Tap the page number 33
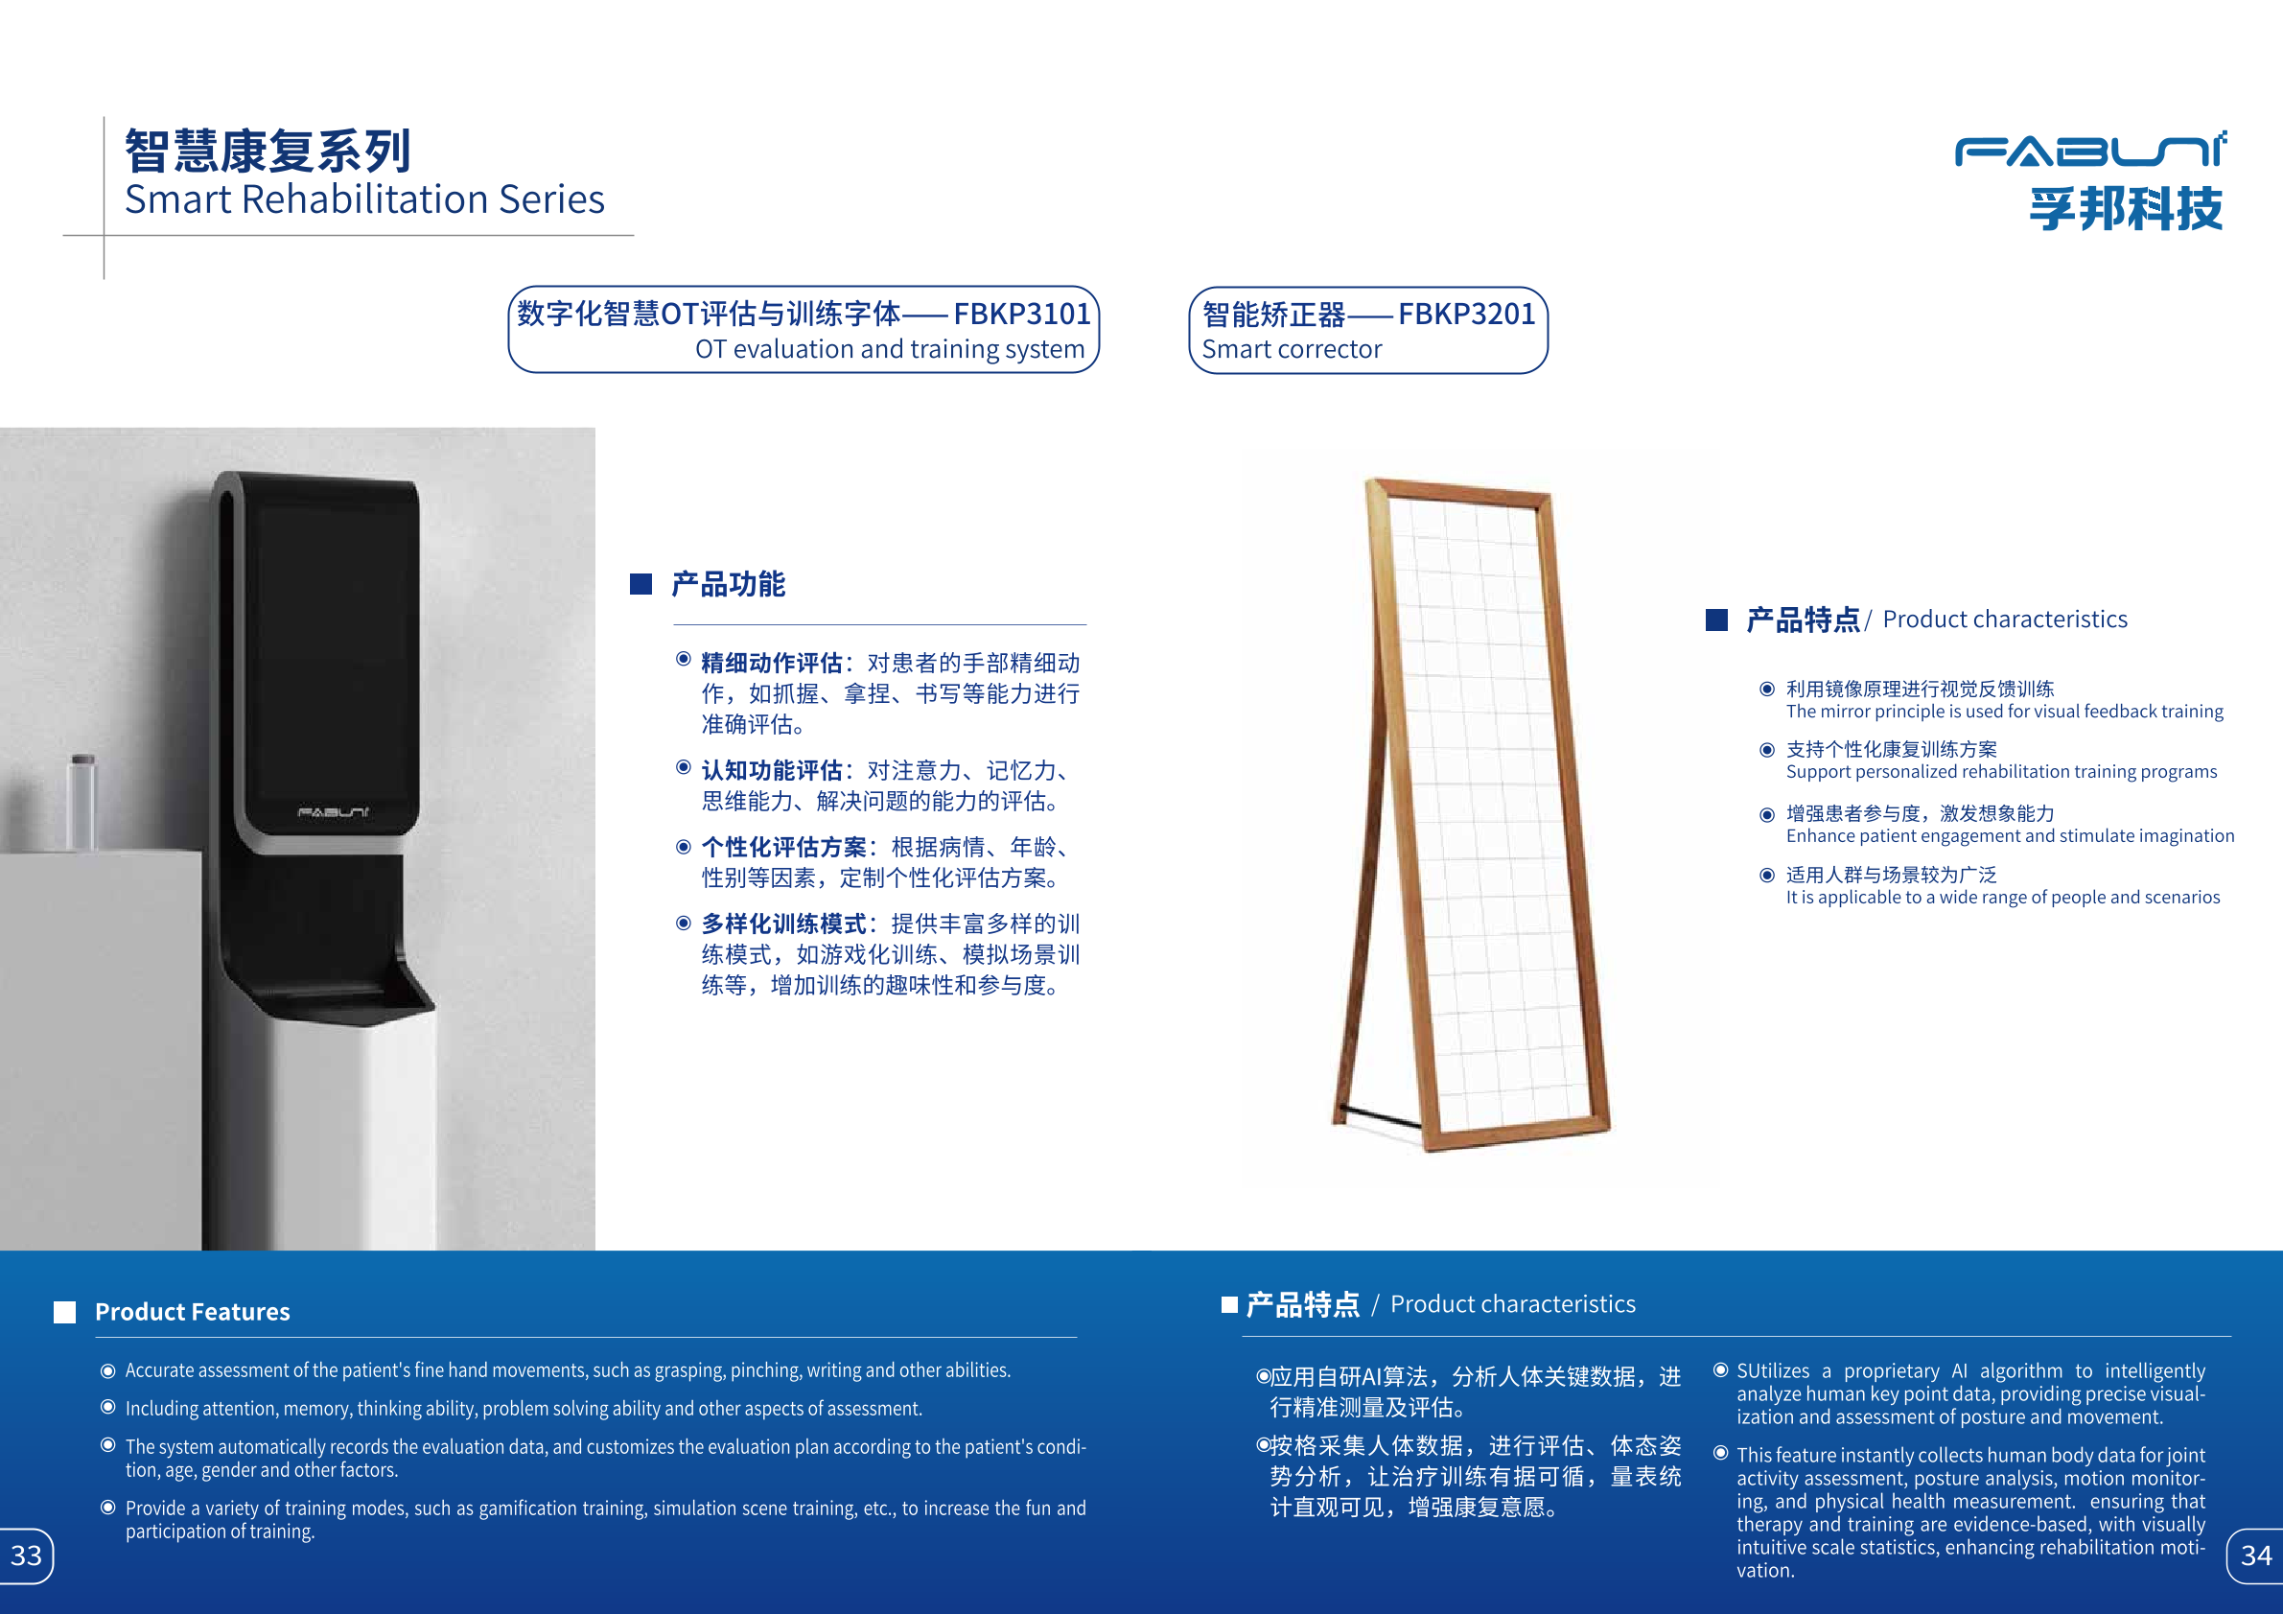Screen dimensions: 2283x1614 [26, 1555]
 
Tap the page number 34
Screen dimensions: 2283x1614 [2256, 1555]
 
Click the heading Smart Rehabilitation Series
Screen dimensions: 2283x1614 [365, 199]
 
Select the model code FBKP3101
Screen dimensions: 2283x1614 [1022, 315]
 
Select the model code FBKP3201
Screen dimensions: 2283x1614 [1467, 315]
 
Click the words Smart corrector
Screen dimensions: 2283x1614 [1292, 349]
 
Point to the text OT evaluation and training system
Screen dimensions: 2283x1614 [890, 349]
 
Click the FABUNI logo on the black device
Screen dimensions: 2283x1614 [333, 812]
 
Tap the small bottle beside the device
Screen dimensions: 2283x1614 [82, 802]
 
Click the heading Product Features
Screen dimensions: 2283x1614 [192, 1312]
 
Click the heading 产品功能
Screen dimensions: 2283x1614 [728, 584]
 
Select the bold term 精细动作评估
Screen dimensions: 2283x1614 [772, 664]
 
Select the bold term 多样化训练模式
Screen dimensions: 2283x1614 [783, 924]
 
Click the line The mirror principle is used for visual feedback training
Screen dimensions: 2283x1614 [2005, 711]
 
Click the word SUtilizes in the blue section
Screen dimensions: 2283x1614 [1773, 1370]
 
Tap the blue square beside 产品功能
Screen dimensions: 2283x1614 [641, 584]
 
